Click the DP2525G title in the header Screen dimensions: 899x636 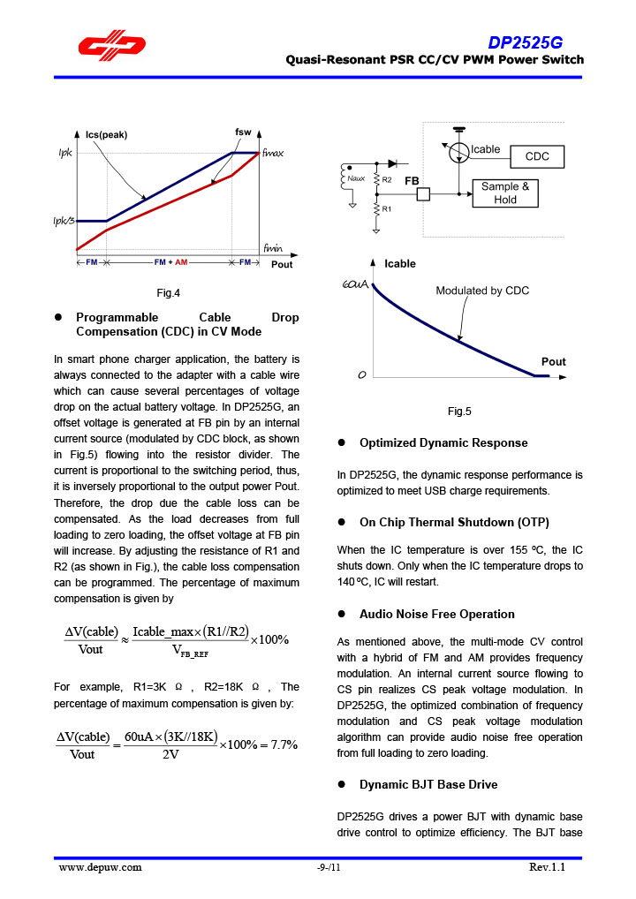(x=525, y=43)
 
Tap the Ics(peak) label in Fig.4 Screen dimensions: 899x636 (x=106, y=135)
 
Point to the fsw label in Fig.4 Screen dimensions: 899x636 (x=243, y=132)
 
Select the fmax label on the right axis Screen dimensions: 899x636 (x=273, y=153)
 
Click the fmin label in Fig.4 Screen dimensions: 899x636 (x=273, y=248)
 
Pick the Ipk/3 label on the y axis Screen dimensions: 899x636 (x=65, y=221)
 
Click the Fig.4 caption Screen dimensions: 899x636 (x=168, y=293)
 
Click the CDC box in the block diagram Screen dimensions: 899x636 (x=537, y=156)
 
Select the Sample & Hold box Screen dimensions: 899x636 (x=505, y=193)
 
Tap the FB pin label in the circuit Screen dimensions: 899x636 (x=412, y=180)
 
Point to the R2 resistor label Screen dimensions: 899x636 (x=387, y=179)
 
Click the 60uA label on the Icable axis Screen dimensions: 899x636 (x=354, y=284)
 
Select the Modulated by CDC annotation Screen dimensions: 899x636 (x=482, y=291)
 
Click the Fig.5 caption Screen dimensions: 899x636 (x=459, y=412)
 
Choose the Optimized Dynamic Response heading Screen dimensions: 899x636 (x=443, y=442)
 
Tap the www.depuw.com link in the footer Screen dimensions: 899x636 (x=100, y=867)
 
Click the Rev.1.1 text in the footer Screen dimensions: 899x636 (x=547, y=867)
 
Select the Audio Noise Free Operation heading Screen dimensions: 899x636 (x=436, y=614)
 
